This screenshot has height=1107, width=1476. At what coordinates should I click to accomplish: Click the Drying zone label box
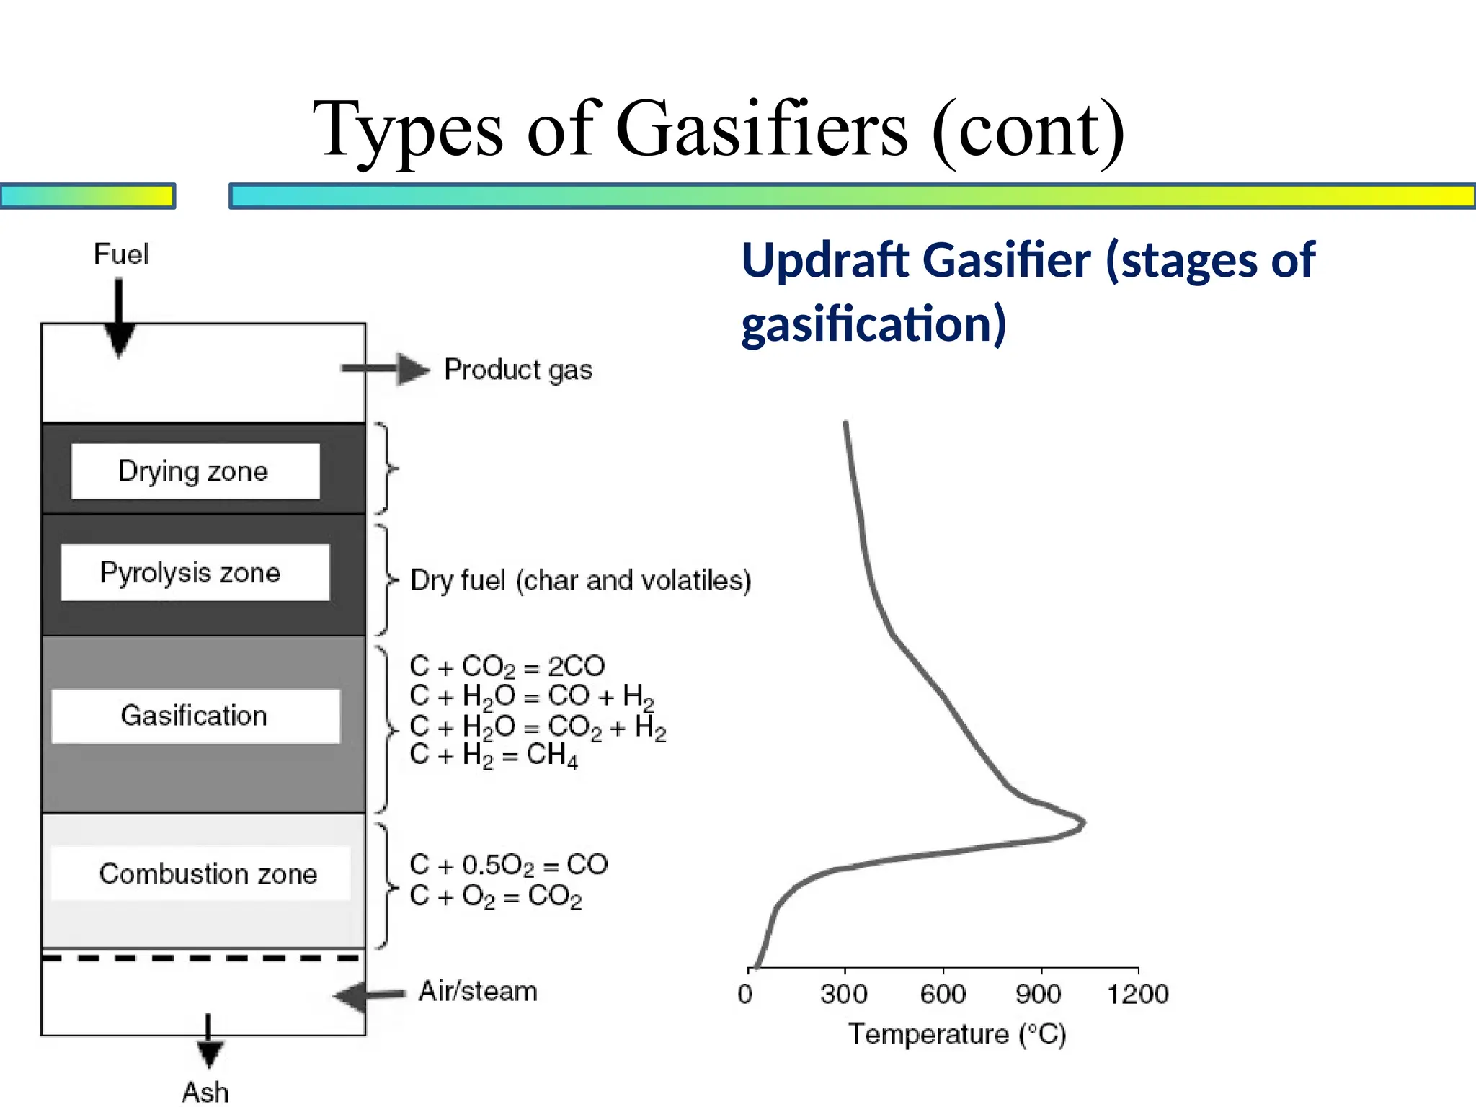tap(195, 471)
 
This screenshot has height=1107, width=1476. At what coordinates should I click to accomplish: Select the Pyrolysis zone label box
tap(195, 572)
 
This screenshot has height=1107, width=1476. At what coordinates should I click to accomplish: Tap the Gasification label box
tap(195, 716)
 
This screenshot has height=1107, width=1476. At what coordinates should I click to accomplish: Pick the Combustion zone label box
tap(202, 873)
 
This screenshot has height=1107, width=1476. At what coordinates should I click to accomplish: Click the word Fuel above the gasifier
tap(121, 254)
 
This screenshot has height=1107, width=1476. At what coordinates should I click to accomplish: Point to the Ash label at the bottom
tap(205, 1091)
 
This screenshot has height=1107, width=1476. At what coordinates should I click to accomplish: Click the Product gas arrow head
tap(414, 369)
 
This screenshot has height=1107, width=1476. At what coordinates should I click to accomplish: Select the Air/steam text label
tap(479, 991)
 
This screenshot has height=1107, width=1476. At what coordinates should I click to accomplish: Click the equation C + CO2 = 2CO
tap(507, 666)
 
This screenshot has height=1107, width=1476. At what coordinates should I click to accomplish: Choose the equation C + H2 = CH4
tap(494, 755)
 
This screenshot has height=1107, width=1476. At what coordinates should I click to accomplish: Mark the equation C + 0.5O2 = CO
tap(509, 865)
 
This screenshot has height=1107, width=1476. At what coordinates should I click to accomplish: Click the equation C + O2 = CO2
tap(496, 897)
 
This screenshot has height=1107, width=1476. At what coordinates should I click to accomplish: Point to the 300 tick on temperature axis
tap(844, 994)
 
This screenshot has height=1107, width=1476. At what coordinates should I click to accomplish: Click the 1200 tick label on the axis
tap(1138, 994)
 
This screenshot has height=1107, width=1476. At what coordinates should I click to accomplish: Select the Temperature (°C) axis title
tap(957, 1034)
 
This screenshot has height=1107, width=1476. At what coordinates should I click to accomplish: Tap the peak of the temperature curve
tap(1082, 822)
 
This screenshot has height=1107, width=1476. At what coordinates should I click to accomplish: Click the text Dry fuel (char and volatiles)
tap(581, 580)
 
